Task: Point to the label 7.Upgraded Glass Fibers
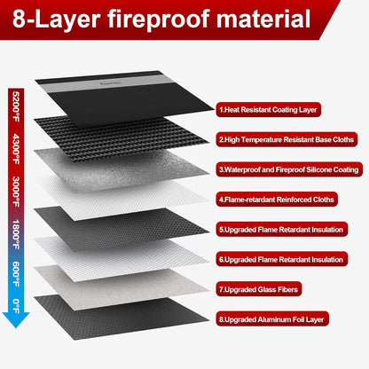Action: click(x=258, y=288)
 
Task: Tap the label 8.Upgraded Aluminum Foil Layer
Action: click(x=271, y=318)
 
